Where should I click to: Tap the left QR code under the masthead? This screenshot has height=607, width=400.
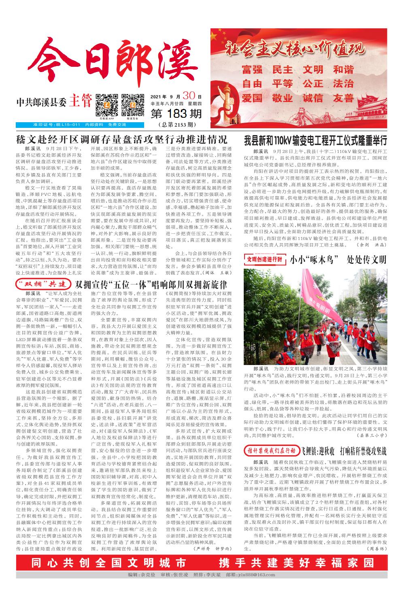(x=104, y=105)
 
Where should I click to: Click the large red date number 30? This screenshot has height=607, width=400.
(x=189, y=96)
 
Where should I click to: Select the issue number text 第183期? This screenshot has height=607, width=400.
(x=176, y=115)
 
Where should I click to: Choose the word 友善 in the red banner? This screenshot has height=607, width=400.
(x=344, y=98)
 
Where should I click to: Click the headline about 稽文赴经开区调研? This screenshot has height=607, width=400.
(x=121, y=140)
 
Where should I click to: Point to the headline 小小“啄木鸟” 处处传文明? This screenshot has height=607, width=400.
(x=338, y=259)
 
